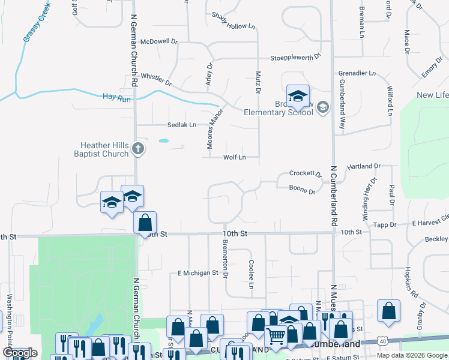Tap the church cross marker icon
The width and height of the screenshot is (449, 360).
pyautogui.click(x=138, y=148)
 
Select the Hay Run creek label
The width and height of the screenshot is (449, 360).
pyautogui.click(x=116, y=97)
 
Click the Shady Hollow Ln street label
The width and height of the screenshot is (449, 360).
pyautogui.click(x=234, y=21)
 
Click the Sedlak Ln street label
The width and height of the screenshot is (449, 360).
pyautogui.click(x=181, y=125)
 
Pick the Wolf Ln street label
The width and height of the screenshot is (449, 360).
pyautogui.click(x=234, y=157)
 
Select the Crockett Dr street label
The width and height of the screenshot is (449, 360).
pyautogui.click(x=305, y=173)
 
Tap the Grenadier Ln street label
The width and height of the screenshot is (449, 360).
pyautogui.click(x=357, y=73)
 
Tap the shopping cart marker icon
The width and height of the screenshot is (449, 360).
pyautogui.click(x=276, y=337)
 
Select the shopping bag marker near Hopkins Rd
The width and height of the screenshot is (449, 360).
pyautogui.click(x=389, y=311)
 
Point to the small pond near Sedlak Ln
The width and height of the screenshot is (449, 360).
pyautogui.click(x=163, y=142)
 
